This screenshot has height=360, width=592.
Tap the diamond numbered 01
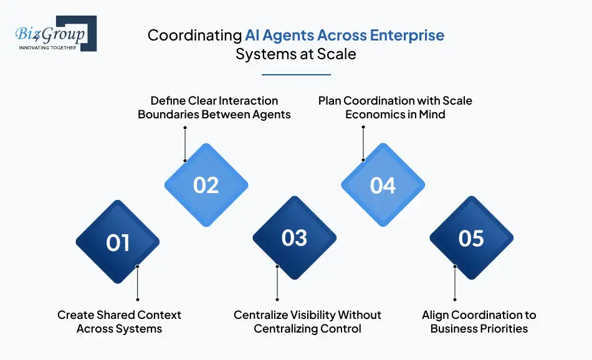118,242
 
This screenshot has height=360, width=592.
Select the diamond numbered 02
206,185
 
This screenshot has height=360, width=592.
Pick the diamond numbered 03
295,238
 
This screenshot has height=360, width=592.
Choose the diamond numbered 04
383,185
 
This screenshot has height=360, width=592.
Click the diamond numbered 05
472,238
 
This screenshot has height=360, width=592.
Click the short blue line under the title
296,75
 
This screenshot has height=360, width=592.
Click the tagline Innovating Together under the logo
48,47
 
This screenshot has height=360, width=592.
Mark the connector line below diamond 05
455,283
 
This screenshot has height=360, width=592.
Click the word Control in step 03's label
341,328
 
